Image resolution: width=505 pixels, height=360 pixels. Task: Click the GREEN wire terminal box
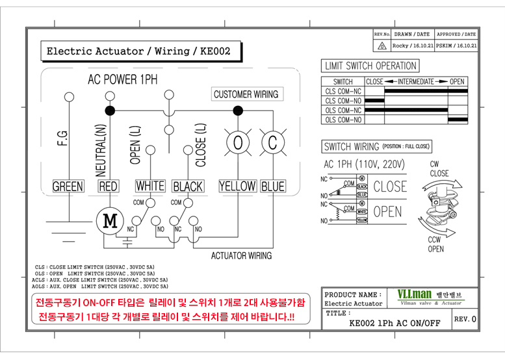[68, 186]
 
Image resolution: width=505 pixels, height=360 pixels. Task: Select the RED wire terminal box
[108, 186]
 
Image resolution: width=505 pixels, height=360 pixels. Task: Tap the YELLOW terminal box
[237, 186]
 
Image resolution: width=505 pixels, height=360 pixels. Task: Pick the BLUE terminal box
[273, 186]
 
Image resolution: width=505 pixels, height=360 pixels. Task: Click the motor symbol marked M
[110, 221]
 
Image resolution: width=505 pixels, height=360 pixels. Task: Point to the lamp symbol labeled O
[238, 142]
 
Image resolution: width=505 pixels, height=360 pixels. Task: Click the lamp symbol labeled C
[272, 142]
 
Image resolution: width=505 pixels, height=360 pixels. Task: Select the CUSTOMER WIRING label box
[246, 94]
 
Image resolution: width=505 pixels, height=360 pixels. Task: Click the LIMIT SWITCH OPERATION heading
[370, 66]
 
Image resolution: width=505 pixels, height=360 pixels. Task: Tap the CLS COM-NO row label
[343, 101]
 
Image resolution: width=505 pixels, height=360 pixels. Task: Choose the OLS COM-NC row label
[343, 110]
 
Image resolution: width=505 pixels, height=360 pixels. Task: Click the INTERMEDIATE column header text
[416, 82]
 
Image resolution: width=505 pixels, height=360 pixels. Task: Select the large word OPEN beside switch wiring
[387, 212]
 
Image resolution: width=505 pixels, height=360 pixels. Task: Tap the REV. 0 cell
[465, 320]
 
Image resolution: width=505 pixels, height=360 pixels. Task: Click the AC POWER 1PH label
[123, 79]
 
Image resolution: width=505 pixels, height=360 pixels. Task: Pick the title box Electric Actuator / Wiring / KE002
[138, 51]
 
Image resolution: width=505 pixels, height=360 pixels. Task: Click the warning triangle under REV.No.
[382, 46]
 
